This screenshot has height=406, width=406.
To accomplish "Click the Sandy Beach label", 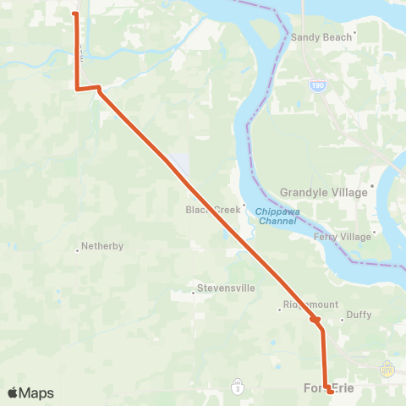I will coord(321,38).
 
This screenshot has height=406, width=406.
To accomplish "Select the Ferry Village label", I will coord(343,237).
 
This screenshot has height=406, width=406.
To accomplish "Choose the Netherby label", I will coord(102,246).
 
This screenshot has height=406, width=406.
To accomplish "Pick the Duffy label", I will coord(359,315).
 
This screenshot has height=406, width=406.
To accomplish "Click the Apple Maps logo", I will coord(30,392).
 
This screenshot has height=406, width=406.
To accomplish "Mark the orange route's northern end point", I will coord(75,14).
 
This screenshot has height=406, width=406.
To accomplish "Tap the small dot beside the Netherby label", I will coord(77,250).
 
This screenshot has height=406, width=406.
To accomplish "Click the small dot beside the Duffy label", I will coord(341,320).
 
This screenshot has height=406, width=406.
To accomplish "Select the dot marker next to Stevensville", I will coord(193,294).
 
